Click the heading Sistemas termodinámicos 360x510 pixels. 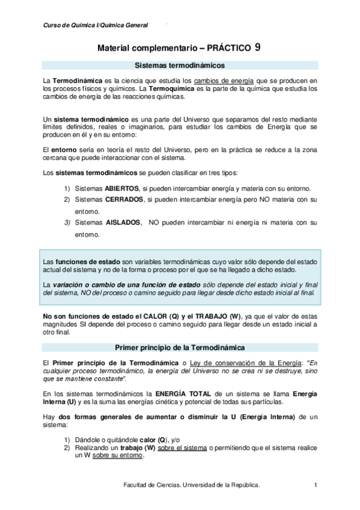coord(179,65)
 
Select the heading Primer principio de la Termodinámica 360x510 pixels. coord(179,347)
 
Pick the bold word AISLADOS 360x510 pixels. coord(123,223)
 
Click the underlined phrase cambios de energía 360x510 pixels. coord(228,81)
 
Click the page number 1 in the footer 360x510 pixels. coord(316,485)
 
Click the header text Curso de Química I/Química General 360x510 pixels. coord(96,25)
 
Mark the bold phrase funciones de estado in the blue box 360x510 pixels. coord(83,262)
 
